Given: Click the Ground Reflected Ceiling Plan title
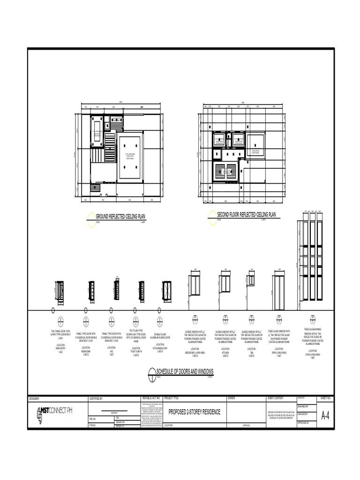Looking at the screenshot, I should [120, 216].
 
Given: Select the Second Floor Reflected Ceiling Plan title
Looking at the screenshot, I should [246, 215].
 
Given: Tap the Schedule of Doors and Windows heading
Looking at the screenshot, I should [185, 371].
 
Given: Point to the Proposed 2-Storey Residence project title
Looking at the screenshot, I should [194, 412].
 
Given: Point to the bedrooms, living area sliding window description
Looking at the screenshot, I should [195, 336].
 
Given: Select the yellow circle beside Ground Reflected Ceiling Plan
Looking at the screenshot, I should [91, 219].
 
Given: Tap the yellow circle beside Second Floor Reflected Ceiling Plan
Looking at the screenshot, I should [213, 218].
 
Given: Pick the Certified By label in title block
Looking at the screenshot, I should [96, 398].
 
